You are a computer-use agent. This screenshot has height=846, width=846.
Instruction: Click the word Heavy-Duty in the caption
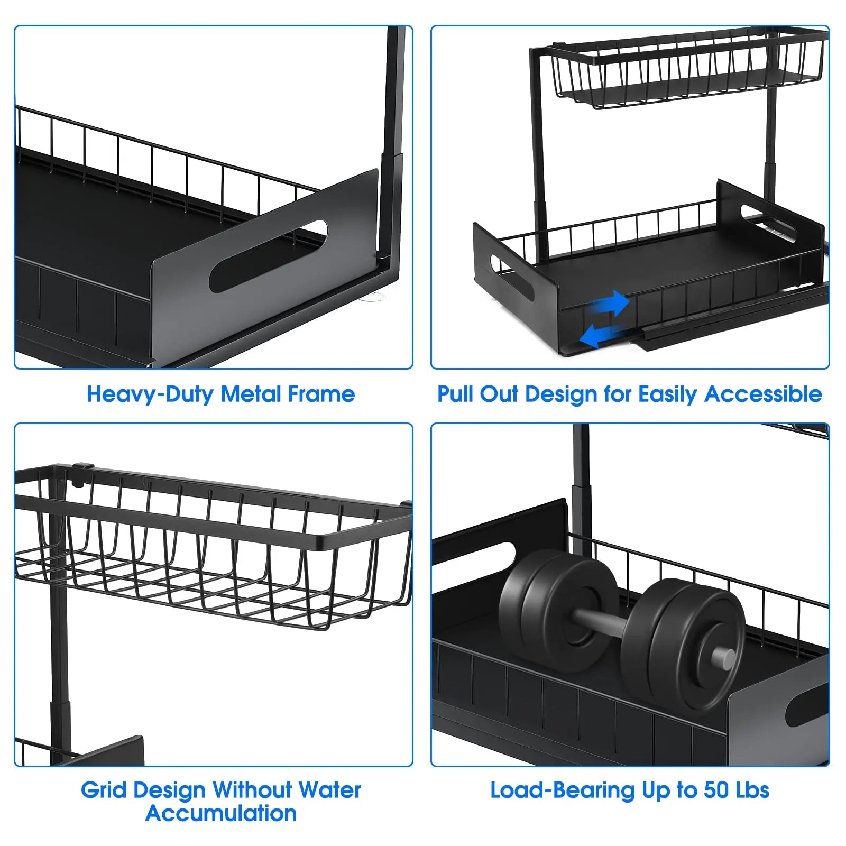(150, 394)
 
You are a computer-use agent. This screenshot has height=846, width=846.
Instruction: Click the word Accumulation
(221, 814)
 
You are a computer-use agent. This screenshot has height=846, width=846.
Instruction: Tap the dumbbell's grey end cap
(722, 658)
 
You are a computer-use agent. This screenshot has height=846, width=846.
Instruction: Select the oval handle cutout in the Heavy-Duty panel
(268, 256)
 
